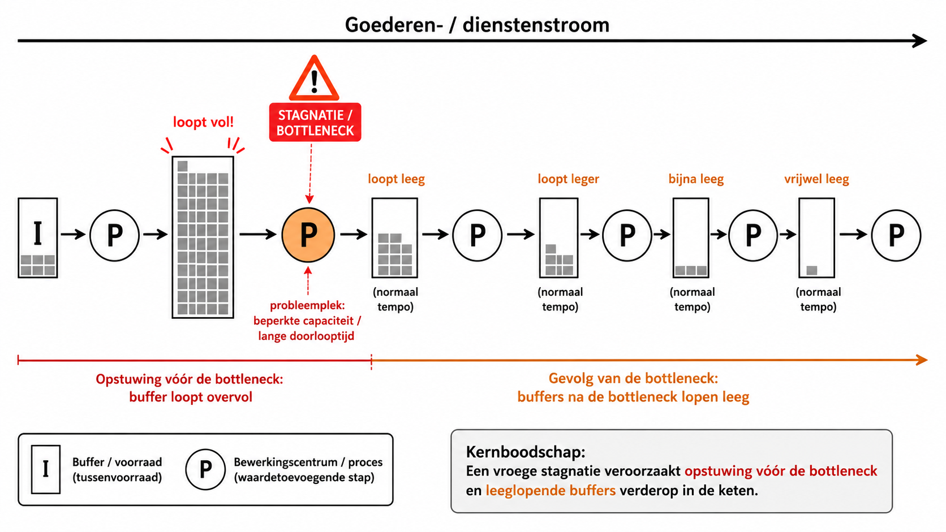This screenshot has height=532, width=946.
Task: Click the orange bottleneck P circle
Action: pyautogui.click(x=308, y=235)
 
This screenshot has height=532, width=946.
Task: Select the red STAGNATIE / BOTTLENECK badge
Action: pyautogui.click(x=315, y=122)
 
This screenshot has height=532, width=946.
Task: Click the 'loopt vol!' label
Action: pyautogui.click(x=203, y=122)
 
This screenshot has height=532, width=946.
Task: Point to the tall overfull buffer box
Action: pyautogui.click(x=203, y=237)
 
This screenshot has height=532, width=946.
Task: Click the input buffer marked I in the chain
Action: pyautogui.click(x=37, y=238)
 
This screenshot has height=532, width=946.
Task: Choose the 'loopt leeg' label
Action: pyautogui.click(x=396, y=179)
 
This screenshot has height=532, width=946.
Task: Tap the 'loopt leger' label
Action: pyautogui.click(x=568, y=179)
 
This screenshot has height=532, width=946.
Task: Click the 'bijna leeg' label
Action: pyautogui.click(x=696, y=179)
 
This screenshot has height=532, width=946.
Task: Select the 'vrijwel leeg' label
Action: pyautogui.click(x=816, y=179)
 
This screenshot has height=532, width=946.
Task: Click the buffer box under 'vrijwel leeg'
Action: pyautogui.click(x=817, y=238)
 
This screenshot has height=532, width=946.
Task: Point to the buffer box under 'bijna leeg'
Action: pyautogui.click(x=691, y=238)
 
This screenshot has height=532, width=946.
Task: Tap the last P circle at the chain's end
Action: pyautogui.click(x=896, y=235)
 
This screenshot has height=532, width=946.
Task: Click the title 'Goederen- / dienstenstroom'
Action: pyautogui.click(x=477, y=24)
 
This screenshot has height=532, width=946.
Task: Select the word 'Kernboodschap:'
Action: pyautogui.click(x=526, y=452)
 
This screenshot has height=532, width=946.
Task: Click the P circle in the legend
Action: pyautogui.click(x=205, y=469)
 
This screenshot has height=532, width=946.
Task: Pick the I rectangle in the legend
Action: pyautogui.click(x=46, y=469)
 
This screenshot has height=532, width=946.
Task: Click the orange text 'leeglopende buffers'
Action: pyautogui.click(x=551, y=490)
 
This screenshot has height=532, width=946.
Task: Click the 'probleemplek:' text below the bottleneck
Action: pyautogui.click(x=307, y=305)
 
